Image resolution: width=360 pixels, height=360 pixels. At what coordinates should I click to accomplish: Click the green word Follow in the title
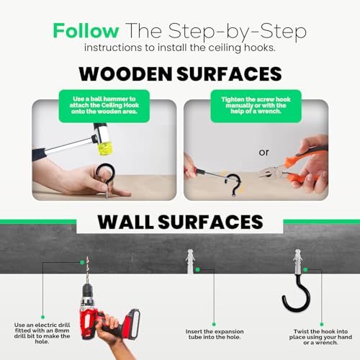pos(86,30)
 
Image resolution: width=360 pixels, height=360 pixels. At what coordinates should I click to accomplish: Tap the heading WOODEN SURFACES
pos(180,73)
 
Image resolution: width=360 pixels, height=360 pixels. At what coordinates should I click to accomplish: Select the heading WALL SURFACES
pos(180,222)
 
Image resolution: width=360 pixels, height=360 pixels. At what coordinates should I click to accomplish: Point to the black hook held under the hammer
pos(106,174)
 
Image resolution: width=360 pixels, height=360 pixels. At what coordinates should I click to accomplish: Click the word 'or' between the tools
pos(264,152)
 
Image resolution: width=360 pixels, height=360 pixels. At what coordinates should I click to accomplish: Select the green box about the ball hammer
pos(104,106)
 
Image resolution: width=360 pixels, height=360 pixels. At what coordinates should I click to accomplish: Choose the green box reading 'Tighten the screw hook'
pos(256,106)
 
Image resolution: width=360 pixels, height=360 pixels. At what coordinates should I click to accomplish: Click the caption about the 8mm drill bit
pos(42,333)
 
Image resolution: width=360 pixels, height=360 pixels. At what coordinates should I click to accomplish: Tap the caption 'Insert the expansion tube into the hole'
pos(215,334)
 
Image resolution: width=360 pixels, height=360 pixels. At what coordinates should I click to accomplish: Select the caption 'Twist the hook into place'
pos(320,337)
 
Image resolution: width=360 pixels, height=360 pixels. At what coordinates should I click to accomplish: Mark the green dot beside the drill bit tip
pos(82,262)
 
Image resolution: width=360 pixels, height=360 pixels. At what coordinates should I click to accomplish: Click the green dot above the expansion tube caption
pos(214,325)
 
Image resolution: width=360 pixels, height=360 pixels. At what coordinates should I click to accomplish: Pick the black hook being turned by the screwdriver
pos(233,184)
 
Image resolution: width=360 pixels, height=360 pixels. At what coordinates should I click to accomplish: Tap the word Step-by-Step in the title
pos(237,32)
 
